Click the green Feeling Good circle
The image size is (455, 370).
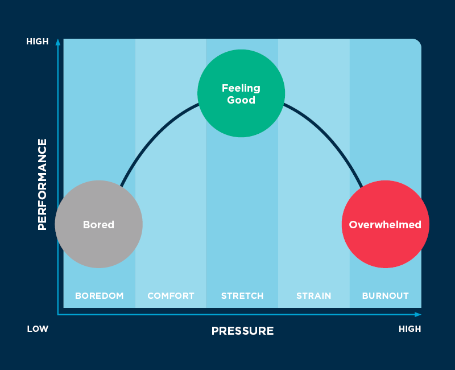tap(241, 93)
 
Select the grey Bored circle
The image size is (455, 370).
tap(98, 224)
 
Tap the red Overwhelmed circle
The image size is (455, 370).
tap(386, 224)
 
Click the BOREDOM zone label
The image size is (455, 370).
tap(99, 295)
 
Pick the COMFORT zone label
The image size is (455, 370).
tap(171, 295)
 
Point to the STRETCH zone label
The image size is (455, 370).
tap(242, 295)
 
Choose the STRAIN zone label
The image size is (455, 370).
tap(314, 295)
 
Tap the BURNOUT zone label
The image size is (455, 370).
tap(386, 295)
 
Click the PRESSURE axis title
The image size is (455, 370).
tap(243, 331)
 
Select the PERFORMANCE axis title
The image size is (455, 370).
tap(42, 184)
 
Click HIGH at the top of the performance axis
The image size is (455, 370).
tap(38, 42)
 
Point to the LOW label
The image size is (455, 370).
tap(38, 329)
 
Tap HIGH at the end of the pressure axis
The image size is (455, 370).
tap(409, 329)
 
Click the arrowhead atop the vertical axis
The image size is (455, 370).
tap(58, 42)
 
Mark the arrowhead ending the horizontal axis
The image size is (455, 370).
tap(418, 315)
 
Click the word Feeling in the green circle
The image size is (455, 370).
tap(241, 88)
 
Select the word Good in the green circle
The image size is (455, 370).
tap(241, 100)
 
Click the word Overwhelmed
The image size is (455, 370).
tap(385, 224)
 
